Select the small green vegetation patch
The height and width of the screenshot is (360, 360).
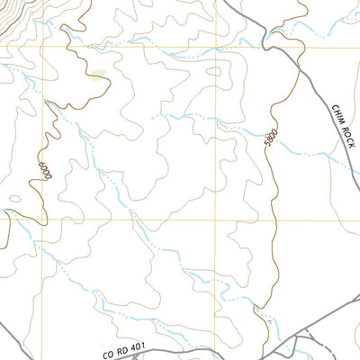pyautogui.click(x=96, y=75)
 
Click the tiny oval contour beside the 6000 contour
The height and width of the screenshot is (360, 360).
pyautogui.click(x=13, y=200)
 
